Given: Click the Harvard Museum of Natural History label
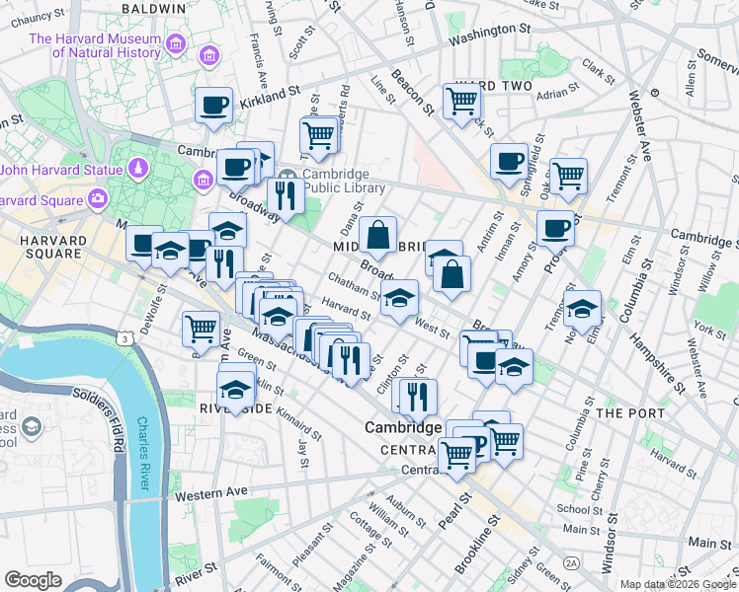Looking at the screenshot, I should point(94,45).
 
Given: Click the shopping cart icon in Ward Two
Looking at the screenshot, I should point(461,101).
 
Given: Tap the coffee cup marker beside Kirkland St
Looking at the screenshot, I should point(213,106).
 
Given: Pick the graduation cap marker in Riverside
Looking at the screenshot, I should point(236,390).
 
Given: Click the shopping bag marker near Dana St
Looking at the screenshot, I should point(377,237).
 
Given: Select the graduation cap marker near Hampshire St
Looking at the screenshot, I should point(583,310).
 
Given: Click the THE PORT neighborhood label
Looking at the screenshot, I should point(620,411).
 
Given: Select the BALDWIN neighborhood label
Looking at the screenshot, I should point(153,8).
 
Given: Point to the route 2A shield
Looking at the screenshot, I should point(571,562).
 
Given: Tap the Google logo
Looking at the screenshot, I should point(33,579).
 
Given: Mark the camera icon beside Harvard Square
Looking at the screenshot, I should point(98,199).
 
